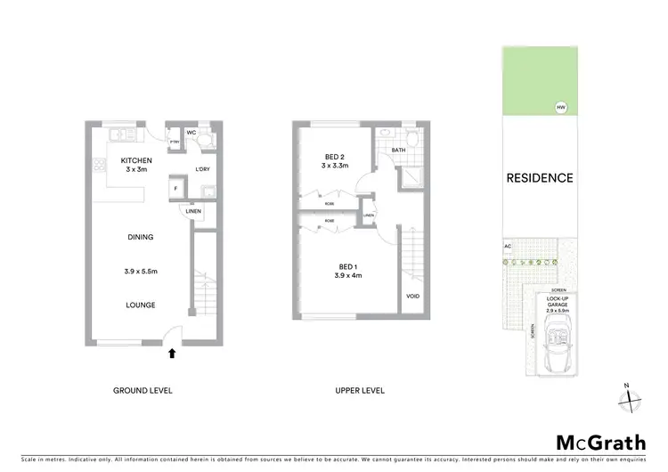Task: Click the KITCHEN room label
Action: (137, 160)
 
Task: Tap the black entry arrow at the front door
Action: (172, 354)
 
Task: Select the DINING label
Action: (141, 237)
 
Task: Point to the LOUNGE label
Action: (141, 305)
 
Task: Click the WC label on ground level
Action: (191, 133)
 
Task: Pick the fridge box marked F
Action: (176, 189)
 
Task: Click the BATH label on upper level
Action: (397, 151)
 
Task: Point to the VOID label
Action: (412, 297)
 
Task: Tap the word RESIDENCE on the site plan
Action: (540, 178)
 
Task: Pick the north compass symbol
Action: (630, 399)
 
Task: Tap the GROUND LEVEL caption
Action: (143, 391)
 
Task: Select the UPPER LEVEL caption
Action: (361, 391)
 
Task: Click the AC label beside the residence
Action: (508, 246)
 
